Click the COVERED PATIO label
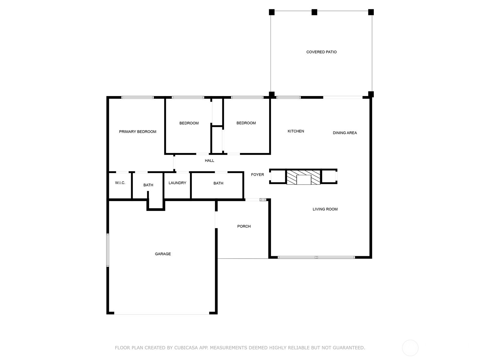coord(321,52)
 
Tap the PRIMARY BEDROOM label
coord(137,132)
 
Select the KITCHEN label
coord(296,131)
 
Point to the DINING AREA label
coord(345,133)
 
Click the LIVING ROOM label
coord(325,209)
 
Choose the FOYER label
coord(257,175)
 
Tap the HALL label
coord(209,160)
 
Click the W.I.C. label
coord(120,183)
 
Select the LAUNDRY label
coord(177,183)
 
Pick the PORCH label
coord(244,226)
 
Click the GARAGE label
coord(163,254)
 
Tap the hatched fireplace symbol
coord(303,177)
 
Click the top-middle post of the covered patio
coord(314,12)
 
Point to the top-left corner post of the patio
coord(271,12)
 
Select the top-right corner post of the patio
coord(371,12)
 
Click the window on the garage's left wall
coord(108,250)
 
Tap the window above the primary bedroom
coord(137,97)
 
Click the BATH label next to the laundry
coord(218,183)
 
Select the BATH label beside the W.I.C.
coord(148,185)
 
